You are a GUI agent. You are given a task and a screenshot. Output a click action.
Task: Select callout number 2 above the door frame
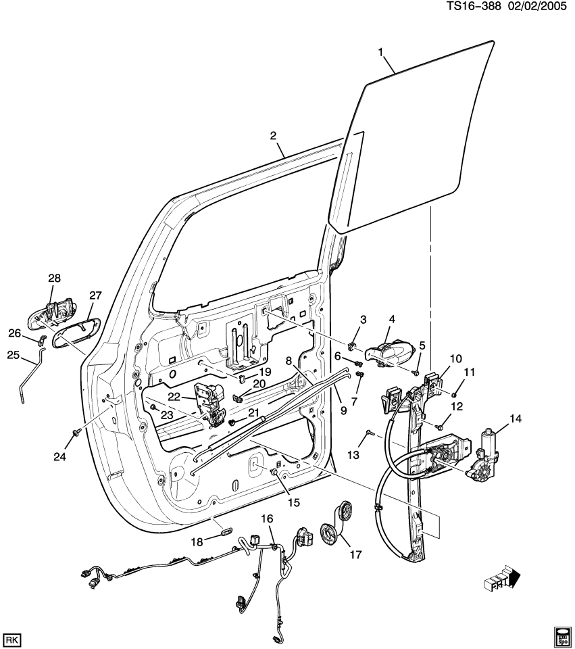(x=274, y=136)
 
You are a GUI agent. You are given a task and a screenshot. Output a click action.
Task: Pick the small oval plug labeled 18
(x=225, y=532)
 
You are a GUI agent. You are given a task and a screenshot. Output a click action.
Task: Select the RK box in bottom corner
(x=11, y=638)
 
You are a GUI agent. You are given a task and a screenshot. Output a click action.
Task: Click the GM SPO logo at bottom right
(x=561, y=635)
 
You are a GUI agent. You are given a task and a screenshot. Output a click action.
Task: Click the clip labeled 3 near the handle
(x=352, y=347)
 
